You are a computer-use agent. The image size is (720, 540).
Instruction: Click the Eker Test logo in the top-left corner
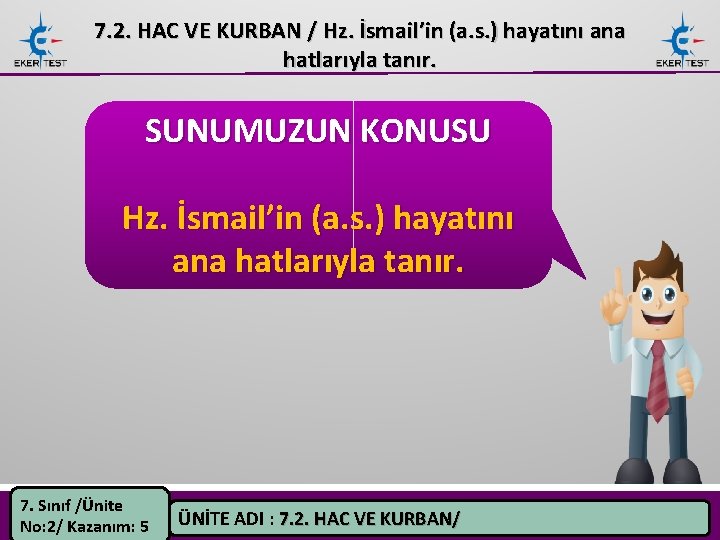pyautogui.click(x=40, y=41)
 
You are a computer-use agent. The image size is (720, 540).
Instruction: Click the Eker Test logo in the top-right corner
pyautogui.click(x=682, y=41)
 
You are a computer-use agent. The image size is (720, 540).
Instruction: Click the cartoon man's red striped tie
pyautogui.click(x=657, y=380)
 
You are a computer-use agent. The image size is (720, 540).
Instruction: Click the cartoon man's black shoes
pyautogui.click(x=664, y=471)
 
